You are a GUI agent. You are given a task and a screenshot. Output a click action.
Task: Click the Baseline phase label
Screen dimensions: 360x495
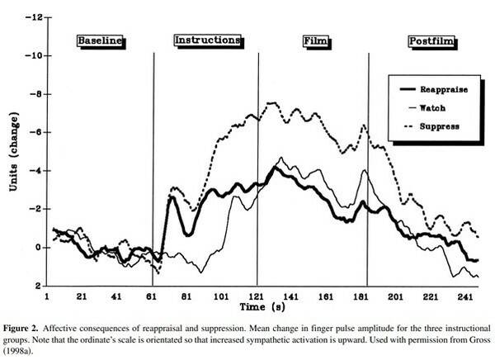100,40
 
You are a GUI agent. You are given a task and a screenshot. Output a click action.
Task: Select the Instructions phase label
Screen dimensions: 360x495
208,40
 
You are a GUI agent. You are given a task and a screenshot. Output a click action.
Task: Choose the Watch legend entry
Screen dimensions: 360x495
444,107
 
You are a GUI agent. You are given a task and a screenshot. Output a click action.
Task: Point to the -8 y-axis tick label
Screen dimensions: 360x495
34,94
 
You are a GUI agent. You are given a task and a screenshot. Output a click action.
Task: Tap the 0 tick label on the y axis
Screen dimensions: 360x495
37,248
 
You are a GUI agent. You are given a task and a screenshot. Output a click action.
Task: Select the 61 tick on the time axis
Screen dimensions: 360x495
151,295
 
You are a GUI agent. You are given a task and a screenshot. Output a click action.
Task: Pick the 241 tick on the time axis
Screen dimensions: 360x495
466,295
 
